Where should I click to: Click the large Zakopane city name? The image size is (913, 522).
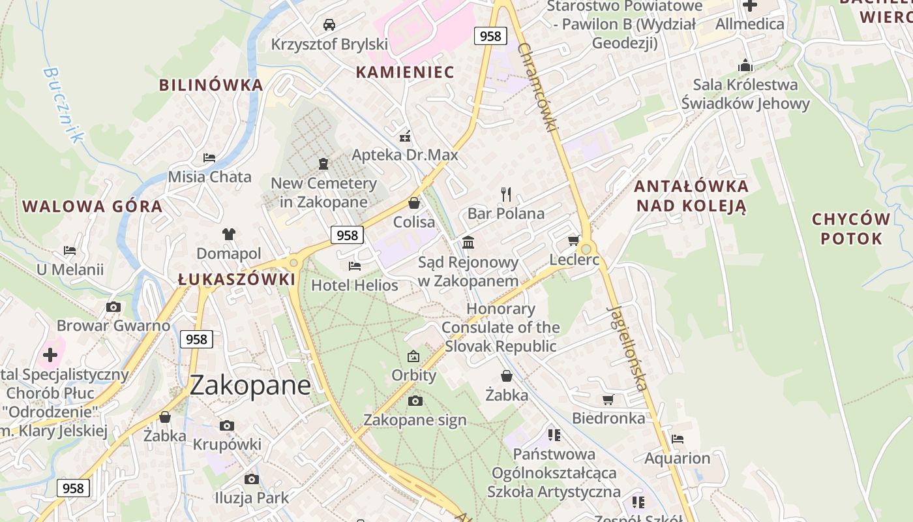[x=250, y=386]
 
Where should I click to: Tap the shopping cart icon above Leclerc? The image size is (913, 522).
[x=574, y=240]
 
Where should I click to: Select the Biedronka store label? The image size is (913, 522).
[x=608, y=418]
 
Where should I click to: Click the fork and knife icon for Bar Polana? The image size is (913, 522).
[x=506, y=194]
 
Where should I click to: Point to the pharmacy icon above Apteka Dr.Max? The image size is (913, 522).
[x=405, y=136]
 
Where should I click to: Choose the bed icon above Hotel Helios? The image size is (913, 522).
[x=355, y=266]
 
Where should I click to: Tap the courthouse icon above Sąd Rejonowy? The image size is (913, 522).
[x=468, y=243]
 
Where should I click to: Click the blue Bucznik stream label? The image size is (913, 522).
[x=64, y=104]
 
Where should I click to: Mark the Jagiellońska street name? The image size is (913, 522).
[x=627, y=347]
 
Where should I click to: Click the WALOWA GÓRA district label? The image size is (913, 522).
[x=92, y=207]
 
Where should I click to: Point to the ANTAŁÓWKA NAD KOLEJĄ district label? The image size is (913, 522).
[x=691, y=196]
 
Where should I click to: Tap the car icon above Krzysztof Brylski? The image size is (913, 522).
[x=329, y=25]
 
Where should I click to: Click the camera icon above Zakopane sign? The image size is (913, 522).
[x=415, y=401]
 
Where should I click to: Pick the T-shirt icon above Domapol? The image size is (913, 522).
[x=228, y=234]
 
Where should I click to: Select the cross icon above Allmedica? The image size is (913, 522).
[x=750, y=6]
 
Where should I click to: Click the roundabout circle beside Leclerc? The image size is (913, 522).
[x=586, y=249]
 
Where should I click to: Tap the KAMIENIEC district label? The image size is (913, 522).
[x=404, y=72]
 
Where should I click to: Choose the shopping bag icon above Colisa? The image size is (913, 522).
[x=414, y=203]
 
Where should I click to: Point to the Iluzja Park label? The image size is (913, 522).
[x=252, y=498]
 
